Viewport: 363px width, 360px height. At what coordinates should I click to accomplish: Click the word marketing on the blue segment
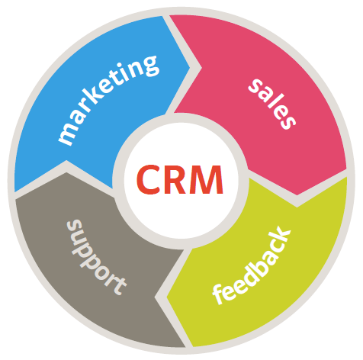109,101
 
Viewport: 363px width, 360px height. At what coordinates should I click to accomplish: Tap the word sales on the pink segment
272,104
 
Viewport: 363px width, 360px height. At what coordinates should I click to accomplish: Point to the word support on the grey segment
96,257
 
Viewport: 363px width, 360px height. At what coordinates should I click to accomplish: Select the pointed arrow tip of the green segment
167,297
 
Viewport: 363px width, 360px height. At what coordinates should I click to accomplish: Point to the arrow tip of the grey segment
66,172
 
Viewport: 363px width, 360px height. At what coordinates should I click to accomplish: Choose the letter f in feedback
219,295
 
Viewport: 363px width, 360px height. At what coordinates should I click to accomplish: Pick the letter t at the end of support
120,286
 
